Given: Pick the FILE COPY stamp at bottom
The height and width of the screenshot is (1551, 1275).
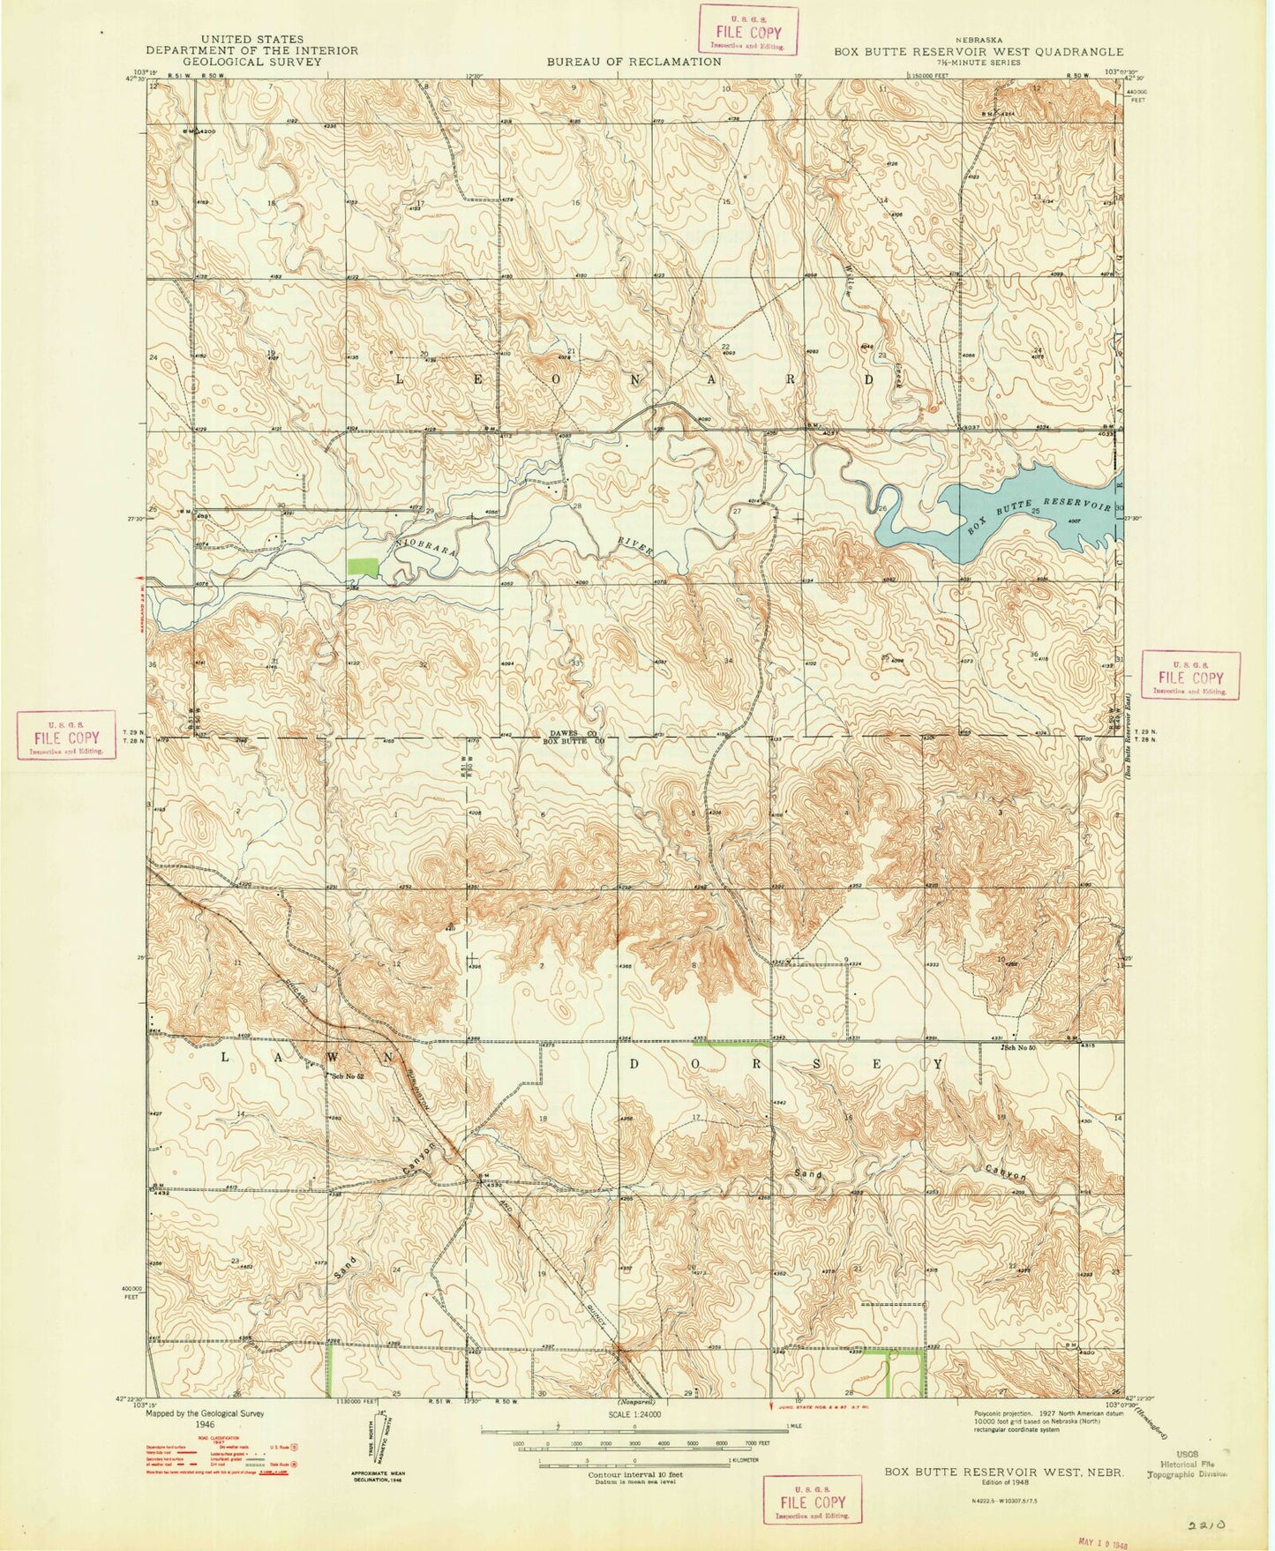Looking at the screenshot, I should pos(811,1500).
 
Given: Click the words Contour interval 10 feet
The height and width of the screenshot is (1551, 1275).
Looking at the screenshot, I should pos(633,1474).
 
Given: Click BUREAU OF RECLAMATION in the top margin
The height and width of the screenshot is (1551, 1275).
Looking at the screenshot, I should pos(634,62).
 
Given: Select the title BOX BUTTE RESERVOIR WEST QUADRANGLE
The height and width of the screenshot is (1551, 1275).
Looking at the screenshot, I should pos(979,51).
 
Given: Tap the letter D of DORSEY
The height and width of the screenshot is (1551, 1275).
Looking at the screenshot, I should pos(634,1064).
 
